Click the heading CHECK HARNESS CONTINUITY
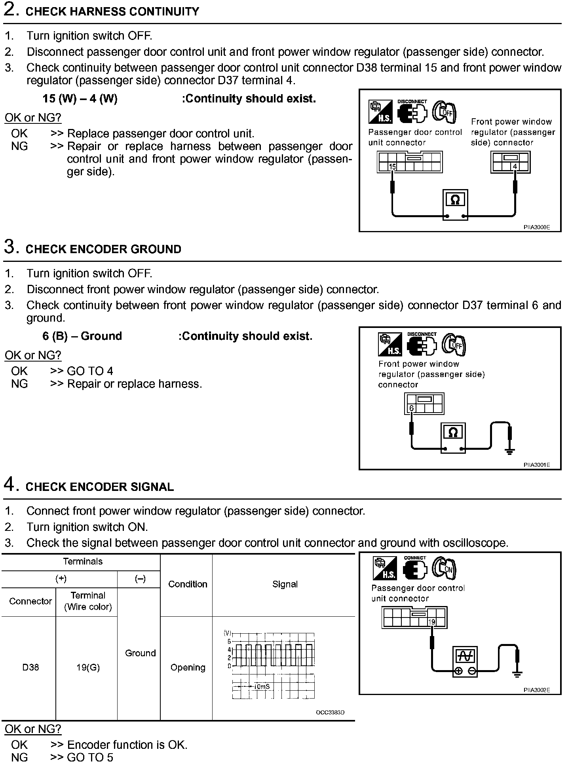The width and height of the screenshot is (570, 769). (112, 11)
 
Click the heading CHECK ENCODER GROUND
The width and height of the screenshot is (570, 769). (103, 249)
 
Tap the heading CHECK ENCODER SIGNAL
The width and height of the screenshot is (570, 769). (99, 487)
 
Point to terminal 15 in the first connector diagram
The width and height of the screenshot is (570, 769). (392, 167)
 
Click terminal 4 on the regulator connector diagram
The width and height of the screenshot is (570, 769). (515, 167)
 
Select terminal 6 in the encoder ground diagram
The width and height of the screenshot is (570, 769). (411, 408)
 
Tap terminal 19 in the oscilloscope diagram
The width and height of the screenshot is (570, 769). (431, 622)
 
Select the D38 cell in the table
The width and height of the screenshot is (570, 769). (30, 667)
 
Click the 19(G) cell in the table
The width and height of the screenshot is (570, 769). (88, 667)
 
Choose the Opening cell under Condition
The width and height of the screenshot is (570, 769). (188, 667)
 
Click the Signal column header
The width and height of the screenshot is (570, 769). (285, 584)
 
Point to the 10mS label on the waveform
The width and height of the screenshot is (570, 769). (262, 686)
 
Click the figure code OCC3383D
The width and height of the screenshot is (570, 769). (330, 712)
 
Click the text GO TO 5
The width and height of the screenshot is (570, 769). (90, 758)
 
